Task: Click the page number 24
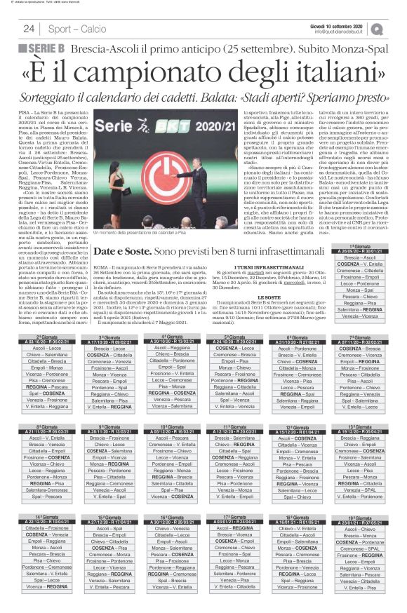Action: pos(29,29)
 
